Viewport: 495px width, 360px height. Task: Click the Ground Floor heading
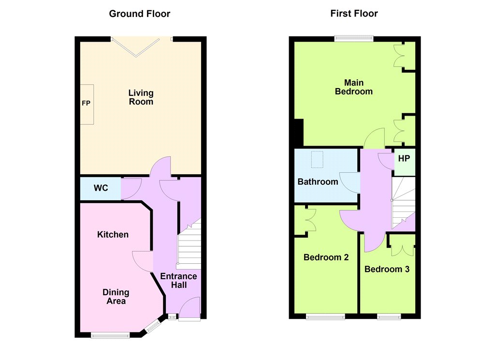click(x=140, y=14)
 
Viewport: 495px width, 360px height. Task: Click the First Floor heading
click(x=354, y=14)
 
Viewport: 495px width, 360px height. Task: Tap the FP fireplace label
click(x=86, y=104)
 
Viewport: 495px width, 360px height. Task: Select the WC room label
click(x=101, y=188)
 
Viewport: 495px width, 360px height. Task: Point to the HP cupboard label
click(x=404, y=158)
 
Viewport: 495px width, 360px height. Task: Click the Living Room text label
click(x=141, y=97)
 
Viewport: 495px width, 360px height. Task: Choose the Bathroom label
click(x=318, y=182)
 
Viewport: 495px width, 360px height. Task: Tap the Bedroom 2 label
click(x=326, y=257)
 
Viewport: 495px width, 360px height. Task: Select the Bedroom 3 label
click(x=387, y=270)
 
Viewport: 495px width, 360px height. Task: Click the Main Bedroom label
click(x=353, y=87)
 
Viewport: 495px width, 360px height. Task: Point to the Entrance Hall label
click(x=178, y=281)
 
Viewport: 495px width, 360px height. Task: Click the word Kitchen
click(x=113, y=235)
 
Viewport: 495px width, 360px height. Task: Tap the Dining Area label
click(x=116, y=297)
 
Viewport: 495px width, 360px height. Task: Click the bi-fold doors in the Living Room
click(x=136, y=47)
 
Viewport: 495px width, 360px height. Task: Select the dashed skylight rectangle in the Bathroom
click(x=317, y=160)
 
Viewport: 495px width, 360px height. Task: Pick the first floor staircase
click(x=403, y=203)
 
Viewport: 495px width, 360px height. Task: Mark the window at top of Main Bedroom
click(x=354, y=39)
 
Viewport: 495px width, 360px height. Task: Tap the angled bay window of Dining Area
click(x=153, y=326)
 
